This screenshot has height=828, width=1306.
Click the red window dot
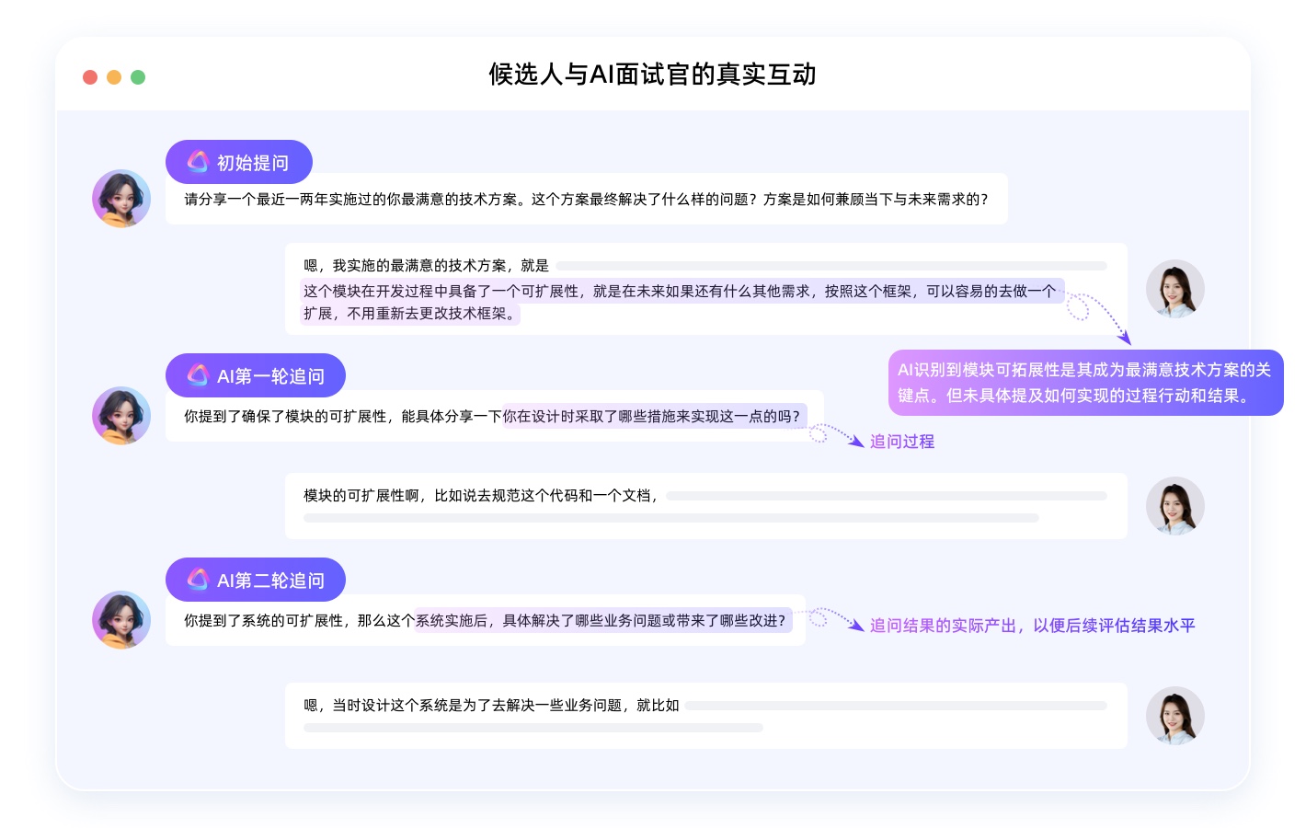click(x=90, y=77)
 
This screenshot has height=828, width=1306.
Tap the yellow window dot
click(x=114, y=77)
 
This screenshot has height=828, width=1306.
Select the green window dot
click(x=138, y=77)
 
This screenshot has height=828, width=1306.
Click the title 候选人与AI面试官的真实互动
click(x=652, y=74)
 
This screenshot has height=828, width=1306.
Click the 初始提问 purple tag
click(x=239, y=162)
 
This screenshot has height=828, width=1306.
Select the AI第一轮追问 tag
click(x=256, y=375)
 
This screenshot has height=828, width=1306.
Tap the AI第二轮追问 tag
click(x=256, y=579)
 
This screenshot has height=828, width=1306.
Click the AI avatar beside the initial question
click(x=121, y=198)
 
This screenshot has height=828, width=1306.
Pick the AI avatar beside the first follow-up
click(x=121, y=415)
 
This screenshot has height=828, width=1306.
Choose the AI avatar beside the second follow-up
click(x=121, y=620)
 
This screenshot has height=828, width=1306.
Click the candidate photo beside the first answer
click(x=1174, y=289)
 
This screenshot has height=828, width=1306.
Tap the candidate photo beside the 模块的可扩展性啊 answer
click(x=1174, y=506)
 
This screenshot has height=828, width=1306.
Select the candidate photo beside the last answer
click(x=1174, y=716)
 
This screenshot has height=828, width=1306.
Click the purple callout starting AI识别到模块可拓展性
click(x=1085, y=383)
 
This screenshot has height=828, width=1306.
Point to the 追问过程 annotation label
click(x=902, y=442)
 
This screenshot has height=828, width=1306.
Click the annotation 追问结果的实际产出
click(x=1032, y=625)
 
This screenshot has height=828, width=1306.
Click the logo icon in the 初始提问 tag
click(x=198, y=162)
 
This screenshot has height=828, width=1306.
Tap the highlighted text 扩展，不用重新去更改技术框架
click(x=410, y=314)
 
